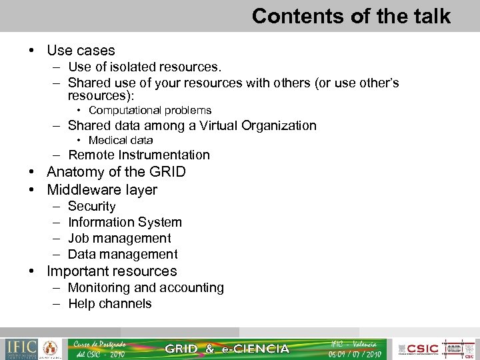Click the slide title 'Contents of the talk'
click(x=351, y=16)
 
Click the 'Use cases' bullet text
click(x=81, y=51)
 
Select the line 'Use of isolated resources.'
click(x=145, y=67)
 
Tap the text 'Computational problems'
click(x=150, y=111)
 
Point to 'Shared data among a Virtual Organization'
click(x=192, y=125)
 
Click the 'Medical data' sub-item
click(x=121, y=141)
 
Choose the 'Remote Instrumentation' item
click(x=139, y=155)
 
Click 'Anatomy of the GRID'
click(x=116, y=172)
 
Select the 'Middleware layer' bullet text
click(x=102, y=190)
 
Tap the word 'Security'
click(x=92, y=207)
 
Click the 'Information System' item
click(x=125, y=223)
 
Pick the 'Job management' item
click(x=119, y=239)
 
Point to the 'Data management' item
click(x=123, y=255)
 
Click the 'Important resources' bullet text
click(x=111, y=271)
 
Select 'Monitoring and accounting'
click(x=146, y=288)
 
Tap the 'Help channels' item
click(x=110, y=304)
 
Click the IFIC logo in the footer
click(x=22, y=349)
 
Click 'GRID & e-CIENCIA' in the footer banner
click(x=227, y=349)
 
